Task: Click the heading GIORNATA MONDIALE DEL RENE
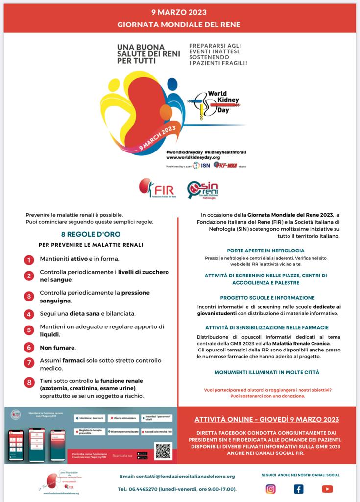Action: [180, 23]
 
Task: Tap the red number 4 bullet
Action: [30, 314]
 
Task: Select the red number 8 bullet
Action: [30, 382]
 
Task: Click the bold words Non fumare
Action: [57, 348]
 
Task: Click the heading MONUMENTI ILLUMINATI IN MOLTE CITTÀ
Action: [267, 372]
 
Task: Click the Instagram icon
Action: [270, 489]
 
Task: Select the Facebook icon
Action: [298, 489]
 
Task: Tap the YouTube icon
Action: [327, 489]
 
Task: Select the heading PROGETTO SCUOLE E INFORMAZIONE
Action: [267, 298]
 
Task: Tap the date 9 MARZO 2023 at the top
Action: [180, 11]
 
